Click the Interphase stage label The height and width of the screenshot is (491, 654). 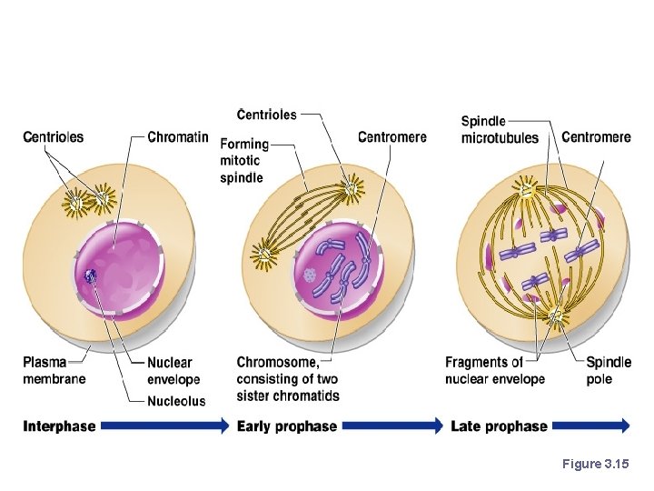(x=59, y=426)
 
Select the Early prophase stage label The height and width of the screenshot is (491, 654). (x=286, y=426)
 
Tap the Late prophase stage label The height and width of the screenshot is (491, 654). (x=499, y=426)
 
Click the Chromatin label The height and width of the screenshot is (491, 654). (x=178, y=137)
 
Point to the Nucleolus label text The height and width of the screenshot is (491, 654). (x=176, y=401)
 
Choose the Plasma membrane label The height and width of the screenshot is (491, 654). (x=55, y=371)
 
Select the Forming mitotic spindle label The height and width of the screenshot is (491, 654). (x=244, y=161)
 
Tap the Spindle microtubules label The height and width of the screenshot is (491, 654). (x=499, y=130)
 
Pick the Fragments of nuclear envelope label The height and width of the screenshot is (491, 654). (x=495, y=371)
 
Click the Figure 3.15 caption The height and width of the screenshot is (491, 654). (x=595, y=465)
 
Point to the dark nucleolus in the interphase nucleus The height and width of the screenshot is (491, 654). (x=90, y=277)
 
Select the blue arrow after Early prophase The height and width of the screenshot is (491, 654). (x=391, y=426)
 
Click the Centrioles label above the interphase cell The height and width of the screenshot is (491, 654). (x=53, y=137)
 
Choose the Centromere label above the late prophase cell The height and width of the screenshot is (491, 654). (x=596, y=137)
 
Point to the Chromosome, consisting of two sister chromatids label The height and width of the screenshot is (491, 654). (x=288, y=379)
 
